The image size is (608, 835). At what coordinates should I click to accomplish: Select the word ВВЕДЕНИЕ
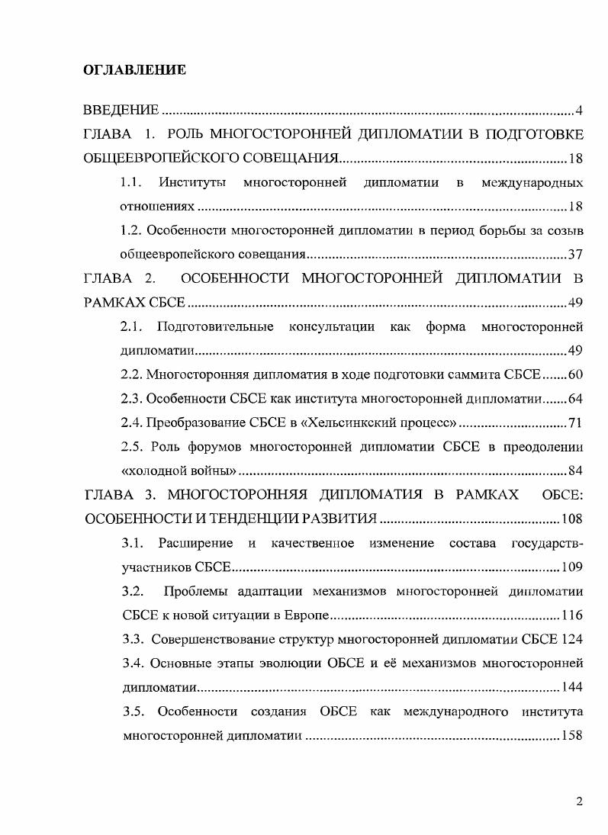(x=121, y=112)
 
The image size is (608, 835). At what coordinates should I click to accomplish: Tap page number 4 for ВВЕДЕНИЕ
(x=579, y=112)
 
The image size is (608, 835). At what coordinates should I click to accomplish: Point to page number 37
(x=575, y=253)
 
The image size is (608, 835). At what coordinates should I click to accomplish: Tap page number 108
(x=571, y=519)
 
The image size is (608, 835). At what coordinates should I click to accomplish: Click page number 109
(x=571, y=567)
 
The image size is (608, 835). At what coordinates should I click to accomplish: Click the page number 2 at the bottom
(x=579, y=801)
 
